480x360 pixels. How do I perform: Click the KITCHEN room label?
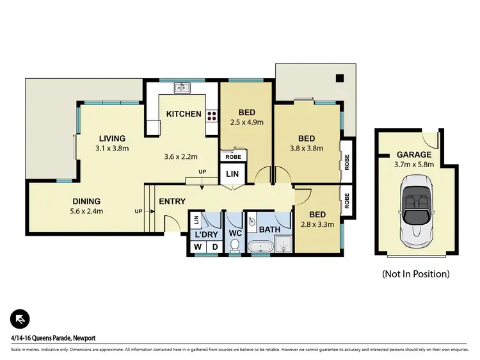184,115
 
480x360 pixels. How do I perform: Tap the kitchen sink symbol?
183,88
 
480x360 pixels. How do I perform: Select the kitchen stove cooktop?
212,117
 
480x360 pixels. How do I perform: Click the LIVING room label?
112,138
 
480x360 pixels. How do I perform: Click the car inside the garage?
415,211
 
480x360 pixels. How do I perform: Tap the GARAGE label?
414,155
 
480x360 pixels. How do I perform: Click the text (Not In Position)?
415,274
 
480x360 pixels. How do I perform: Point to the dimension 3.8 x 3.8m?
305,148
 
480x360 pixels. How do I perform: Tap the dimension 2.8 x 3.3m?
317,224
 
